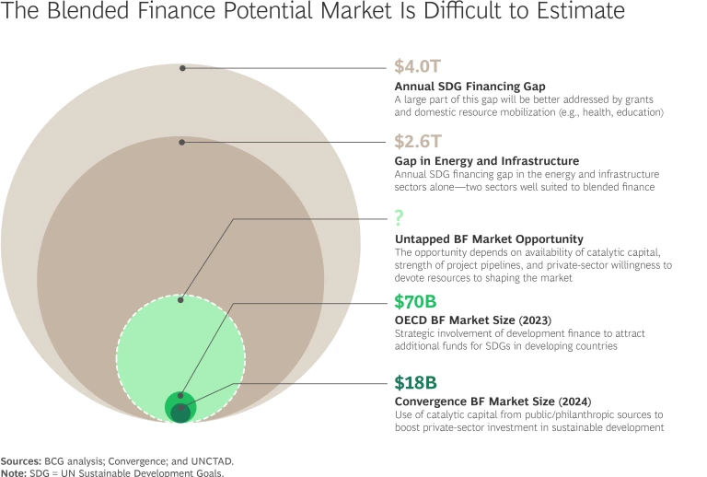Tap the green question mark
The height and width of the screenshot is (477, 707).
[400, 218]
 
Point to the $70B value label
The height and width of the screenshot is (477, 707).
[416, 301]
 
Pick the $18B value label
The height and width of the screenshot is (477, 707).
[415, 382]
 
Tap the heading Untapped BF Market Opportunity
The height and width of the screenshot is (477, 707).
[489, 239]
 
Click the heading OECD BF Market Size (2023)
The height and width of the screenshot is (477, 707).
[472, 320]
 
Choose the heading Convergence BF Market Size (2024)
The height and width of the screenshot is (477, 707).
[492, 401]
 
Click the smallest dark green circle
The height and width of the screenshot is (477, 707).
[180, 413]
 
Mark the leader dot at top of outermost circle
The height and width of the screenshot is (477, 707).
[183, 68]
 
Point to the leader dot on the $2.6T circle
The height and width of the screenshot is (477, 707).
[183, 142]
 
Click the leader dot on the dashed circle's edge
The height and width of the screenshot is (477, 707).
[181, 299]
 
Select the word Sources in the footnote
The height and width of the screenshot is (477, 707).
[20, 460]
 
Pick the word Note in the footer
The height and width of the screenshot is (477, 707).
[13, 471]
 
